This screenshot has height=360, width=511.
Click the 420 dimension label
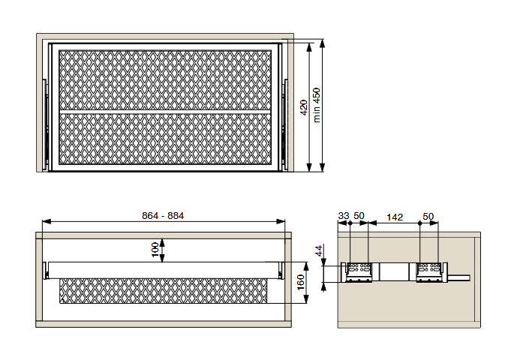(x=304, y=107)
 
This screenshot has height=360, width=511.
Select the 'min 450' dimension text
(x=316, y=105)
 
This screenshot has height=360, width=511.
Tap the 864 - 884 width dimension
(x=163, y=216)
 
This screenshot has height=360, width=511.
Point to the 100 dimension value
(x=155, y=250)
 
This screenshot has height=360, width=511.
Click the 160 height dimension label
(x=300, y=282)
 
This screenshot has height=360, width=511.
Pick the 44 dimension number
(x=319, y=250)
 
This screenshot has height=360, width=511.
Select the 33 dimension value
(x=344, y=216)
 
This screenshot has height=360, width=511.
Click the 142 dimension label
(x=395, y=217)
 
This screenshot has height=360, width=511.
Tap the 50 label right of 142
(x=428, y=216)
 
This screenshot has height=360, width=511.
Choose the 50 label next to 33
(x=359, y=216)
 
